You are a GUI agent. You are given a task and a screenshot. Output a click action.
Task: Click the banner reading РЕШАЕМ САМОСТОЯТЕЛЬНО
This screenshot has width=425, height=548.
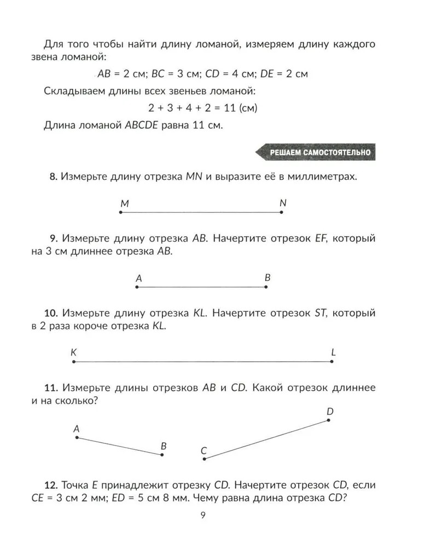[x=316, y=152]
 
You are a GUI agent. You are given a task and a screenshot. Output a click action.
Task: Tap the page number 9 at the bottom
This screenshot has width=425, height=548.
[x=202, y=515]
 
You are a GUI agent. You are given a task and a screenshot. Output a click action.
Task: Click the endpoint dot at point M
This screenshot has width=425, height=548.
[x=120, y=212]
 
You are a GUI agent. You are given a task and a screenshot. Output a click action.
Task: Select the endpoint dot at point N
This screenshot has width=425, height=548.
[x=281, y=212]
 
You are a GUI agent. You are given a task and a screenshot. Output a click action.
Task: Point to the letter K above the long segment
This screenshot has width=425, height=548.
[x=73, y=352]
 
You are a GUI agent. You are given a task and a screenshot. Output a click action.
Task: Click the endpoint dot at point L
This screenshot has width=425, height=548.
[x=332, y=362]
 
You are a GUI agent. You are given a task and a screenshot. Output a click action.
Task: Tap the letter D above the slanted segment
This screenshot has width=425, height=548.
[x=330, y=411]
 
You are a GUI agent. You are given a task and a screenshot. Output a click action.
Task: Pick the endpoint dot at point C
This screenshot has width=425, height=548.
[x=205, y=459]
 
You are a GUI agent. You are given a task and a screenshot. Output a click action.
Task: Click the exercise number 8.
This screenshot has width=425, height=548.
[x=53, y=176]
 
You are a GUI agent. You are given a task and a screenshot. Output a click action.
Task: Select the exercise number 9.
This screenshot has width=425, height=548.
[x=53, y=238]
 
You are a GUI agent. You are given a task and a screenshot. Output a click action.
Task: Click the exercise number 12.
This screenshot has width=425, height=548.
[x=50, y=486]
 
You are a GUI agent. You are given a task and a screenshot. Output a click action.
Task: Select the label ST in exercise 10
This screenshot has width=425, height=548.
[x=320, y=313]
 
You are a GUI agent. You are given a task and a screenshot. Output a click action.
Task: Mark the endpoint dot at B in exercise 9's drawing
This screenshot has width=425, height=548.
[x=266, y=287]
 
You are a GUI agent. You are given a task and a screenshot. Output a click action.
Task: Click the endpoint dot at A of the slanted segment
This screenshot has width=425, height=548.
[x=77, y=437]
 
